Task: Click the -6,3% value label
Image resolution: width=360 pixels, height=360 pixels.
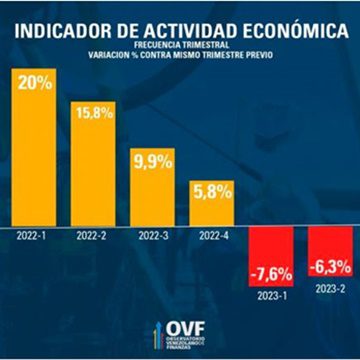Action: [326, 268]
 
